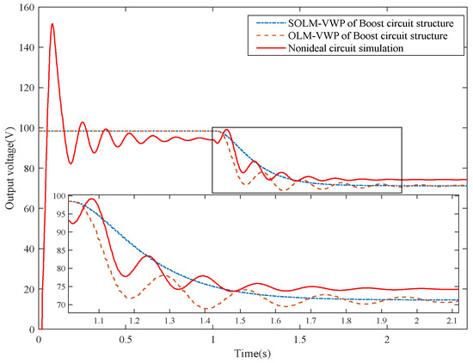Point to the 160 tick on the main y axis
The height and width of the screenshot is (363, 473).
tap(23, 7)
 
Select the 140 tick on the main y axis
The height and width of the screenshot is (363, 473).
tap(23, 47)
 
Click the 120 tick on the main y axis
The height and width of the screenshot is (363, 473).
tap(23, 88)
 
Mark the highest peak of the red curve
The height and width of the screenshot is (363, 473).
tap(52, 24)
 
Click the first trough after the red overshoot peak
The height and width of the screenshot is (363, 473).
tap(71, 163)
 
